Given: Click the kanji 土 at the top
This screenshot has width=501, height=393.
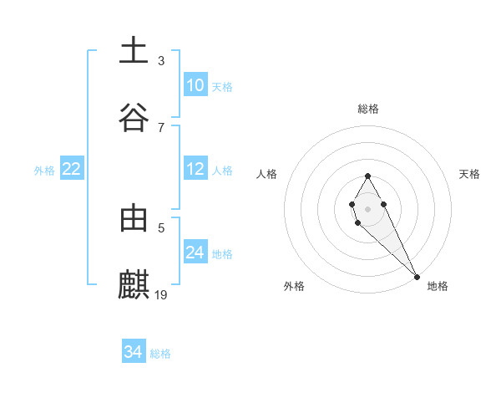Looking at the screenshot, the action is pyautogui.click(x=134, y=50).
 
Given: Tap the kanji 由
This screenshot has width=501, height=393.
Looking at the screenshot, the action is pyautogui.click(x=134, y=218).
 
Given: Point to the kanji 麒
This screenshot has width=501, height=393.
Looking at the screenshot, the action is pyautogui.click(x=134, y=284).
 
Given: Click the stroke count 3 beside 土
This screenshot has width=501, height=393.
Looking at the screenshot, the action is pyautogui.click(x=161, y=60).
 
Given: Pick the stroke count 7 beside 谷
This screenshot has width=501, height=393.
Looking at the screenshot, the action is pyautogui.click(x=161, y=127).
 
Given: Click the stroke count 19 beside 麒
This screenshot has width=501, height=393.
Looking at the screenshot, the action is pyautogui.click(x=162, y=294).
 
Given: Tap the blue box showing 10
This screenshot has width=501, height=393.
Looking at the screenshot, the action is pyautogui.click(x=195, y=85).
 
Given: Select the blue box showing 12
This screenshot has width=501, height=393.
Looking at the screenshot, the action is pyautogui.click(x=195, y=169).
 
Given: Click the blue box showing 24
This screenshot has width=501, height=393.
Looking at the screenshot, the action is pyautogui.click(x=195, y=253).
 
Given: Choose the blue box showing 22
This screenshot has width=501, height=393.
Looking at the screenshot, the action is pyautogui.click(x=71, y=169).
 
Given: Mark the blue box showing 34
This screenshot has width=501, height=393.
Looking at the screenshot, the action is pyautogui.click(x=134, y=353).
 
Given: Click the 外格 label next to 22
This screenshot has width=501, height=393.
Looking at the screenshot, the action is pyautogui.click(x=44, y=170).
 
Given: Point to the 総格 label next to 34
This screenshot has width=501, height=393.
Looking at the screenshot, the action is pyautogui.click(x=160, y=354).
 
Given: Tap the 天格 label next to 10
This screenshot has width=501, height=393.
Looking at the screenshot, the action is pyautogui.click(x=222, y=86).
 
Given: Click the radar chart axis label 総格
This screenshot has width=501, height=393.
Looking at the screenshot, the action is pyautogui.click(x=368, y=109).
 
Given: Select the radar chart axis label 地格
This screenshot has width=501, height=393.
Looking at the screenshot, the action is pyautogui.click(x=438, y=286).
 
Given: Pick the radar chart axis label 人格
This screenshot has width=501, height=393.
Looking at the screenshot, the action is pyautogui.click(x=267, y=174).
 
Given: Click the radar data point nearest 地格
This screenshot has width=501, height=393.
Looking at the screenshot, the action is pyautogui.click(x=416, y=276).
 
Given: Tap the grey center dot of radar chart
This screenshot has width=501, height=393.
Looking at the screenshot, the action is pyautogui.click(x=367, y=207).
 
